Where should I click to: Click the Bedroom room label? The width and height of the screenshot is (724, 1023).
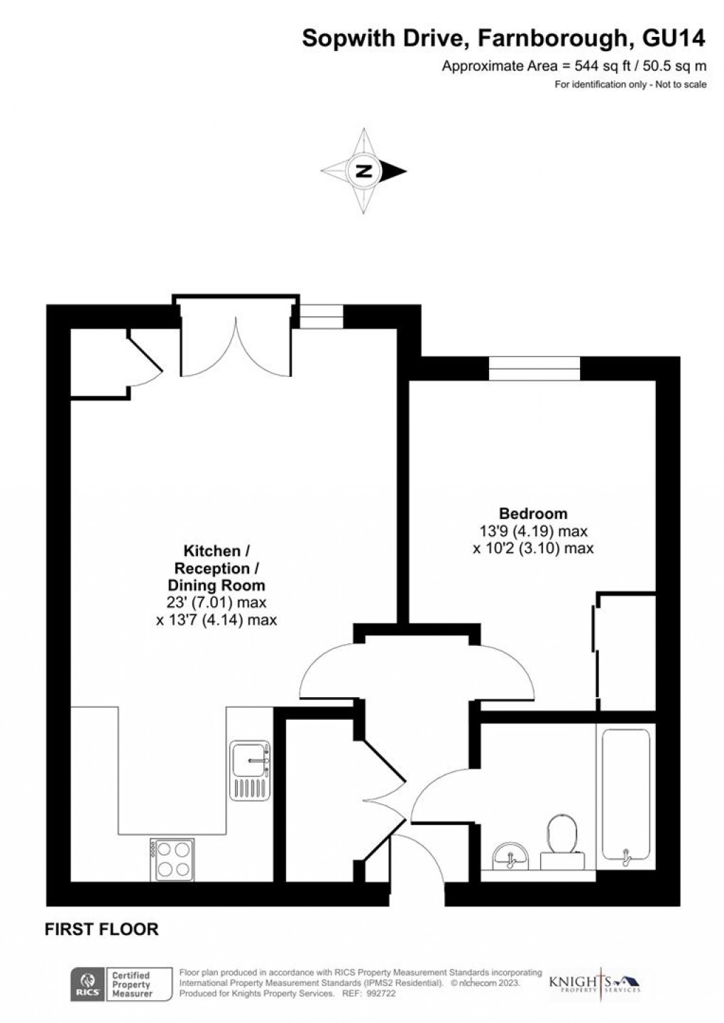[x=533, y=513]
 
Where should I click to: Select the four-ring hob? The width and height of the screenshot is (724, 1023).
[x=172, y=859]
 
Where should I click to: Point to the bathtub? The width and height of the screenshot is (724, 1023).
[x=625, y=794]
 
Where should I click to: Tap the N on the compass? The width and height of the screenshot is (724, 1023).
[x=364, y=171]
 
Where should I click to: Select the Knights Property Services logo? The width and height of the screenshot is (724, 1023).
[x=595, y=983]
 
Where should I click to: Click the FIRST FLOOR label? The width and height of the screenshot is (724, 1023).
[x=102, y=929]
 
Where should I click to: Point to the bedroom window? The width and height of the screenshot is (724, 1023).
[x=534, y=368]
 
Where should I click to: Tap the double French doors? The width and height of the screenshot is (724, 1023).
[x=235, y=341]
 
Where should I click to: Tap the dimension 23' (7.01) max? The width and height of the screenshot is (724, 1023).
[x=216, y=603]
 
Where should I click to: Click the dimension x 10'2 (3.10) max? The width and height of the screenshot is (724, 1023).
[x=533, y=548]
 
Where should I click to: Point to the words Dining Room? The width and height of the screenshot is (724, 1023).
[x=216, y=586]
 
